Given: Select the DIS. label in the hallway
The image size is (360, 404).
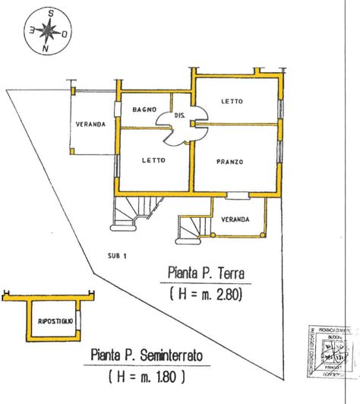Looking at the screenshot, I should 180,115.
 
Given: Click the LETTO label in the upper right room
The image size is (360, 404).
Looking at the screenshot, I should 232,101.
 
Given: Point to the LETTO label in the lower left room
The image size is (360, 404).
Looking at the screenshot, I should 153,160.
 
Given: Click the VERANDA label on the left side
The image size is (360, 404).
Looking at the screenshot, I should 90,125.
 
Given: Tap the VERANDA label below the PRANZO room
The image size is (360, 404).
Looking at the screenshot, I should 235,219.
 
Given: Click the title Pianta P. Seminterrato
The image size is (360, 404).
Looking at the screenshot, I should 146,355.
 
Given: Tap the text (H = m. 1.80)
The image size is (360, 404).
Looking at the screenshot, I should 147,375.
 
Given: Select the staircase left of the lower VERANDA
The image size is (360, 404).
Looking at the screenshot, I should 193,226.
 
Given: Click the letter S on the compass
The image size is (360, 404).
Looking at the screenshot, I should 50,14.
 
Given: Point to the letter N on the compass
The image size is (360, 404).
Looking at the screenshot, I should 46,49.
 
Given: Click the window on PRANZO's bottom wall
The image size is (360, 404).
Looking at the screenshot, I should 238,195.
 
